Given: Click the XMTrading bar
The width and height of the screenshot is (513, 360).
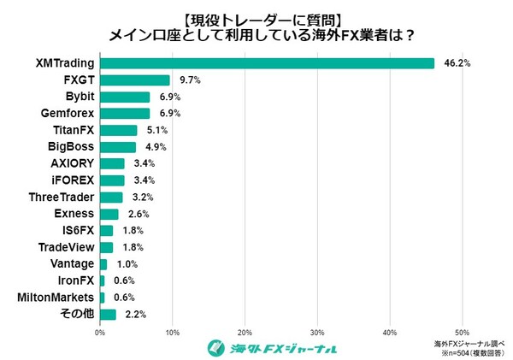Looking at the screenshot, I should click(x=267, y=63).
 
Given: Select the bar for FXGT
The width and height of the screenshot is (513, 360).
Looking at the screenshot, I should click(x=135, y=80).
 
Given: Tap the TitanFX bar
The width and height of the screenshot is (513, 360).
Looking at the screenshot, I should click(x=118, y=130).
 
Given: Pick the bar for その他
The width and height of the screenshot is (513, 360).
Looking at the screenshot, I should click(x=108, y=314).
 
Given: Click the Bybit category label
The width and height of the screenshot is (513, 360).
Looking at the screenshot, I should click(x=80, y=97).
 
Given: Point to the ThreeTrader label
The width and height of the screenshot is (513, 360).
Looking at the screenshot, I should click(x=62, y=197).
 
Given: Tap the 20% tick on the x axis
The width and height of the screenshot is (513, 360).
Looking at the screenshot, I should click(x=245, y=333).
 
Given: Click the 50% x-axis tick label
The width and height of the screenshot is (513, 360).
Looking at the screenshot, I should click(x=462, y=333).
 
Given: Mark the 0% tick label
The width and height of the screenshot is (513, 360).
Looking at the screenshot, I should click(x=100, y=333).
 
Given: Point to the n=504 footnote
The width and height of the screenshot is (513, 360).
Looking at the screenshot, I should click(x=469, y=351).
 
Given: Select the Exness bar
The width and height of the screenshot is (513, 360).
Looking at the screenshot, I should click(x=109, y=214).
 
